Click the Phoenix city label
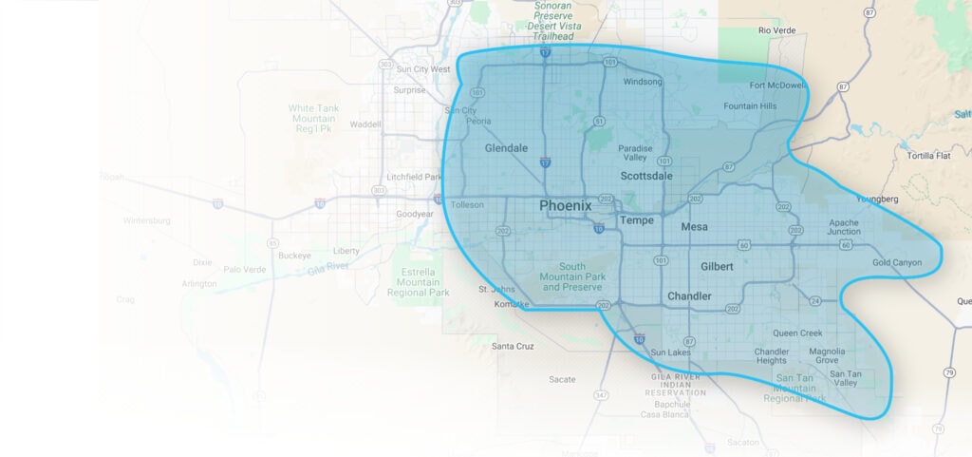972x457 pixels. pos(565,205)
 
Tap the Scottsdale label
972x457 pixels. pos(646,176)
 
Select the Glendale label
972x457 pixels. pos(505,148)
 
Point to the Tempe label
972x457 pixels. pos(636,220)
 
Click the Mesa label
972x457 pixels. pos(695,227)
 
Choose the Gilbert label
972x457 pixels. pos(717,267)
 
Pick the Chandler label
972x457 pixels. pos(689,296)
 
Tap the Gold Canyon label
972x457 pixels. pos(897,262)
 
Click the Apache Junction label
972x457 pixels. pos(843,226)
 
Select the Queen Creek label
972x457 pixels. pos(797,333)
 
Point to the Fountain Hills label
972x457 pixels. pos(750,106)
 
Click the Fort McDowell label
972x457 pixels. pos(776,85)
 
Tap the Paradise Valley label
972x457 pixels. pos(635,153)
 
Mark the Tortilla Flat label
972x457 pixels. pos(929,155)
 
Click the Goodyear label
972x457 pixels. pos(415,214)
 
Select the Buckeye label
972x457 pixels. pos(295,256)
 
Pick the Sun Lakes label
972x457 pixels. pos(671,352)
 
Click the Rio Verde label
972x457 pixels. pos(777,30)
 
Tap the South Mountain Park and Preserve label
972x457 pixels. pos(572,276)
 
